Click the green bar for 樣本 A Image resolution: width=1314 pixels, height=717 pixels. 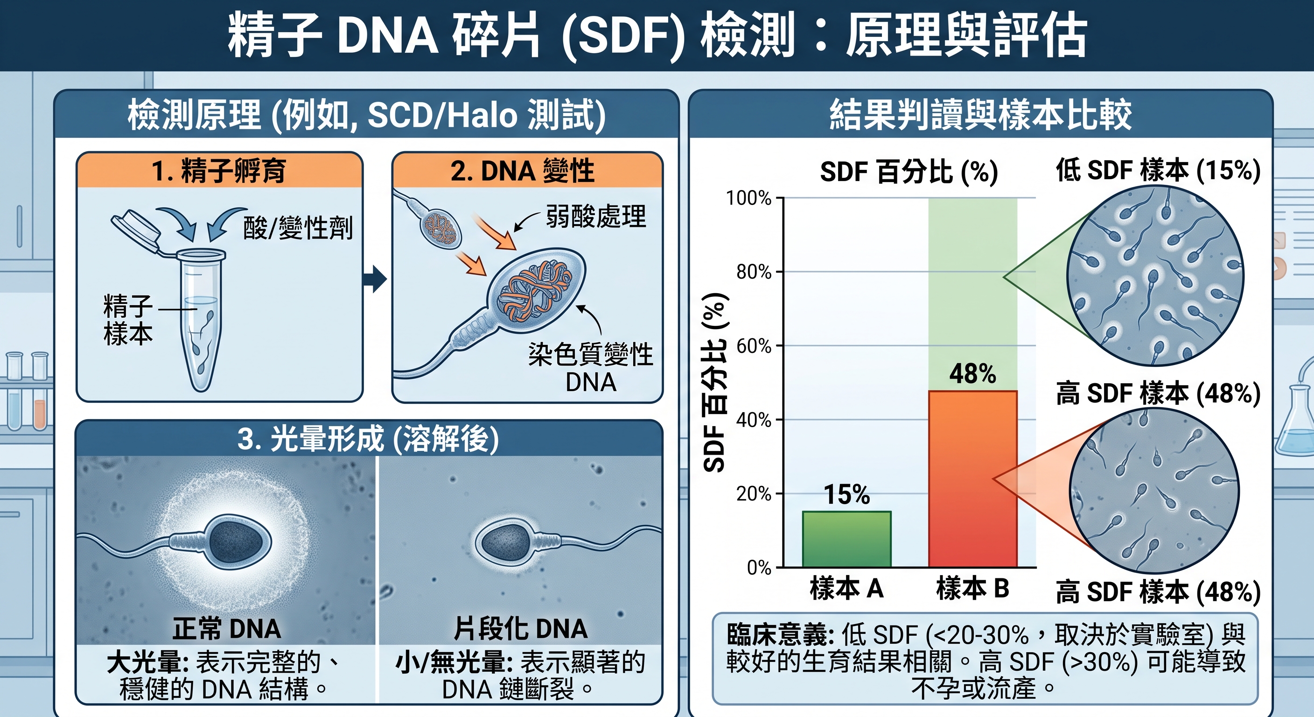[847, 539]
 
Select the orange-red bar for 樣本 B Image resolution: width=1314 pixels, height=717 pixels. [973, 478]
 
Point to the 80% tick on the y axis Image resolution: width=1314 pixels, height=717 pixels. [779, 272]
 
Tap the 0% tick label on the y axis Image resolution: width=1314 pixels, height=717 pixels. [759, 568]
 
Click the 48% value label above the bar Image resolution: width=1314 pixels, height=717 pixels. [973, 373]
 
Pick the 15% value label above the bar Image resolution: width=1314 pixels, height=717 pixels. [847, 494]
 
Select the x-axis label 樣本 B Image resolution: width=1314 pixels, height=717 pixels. [973, 587]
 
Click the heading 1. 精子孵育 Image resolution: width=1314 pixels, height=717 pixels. [219, 170]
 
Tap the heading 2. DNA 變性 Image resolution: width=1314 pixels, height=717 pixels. [522, 170]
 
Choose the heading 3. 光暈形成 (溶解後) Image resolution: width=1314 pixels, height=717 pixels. [368, 438]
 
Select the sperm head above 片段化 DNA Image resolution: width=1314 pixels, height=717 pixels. [504, 542]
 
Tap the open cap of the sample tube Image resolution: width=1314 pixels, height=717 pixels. [136, 229]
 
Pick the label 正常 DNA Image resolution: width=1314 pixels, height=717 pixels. [227, 629]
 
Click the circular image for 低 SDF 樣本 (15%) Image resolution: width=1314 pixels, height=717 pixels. [1155, 275]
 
